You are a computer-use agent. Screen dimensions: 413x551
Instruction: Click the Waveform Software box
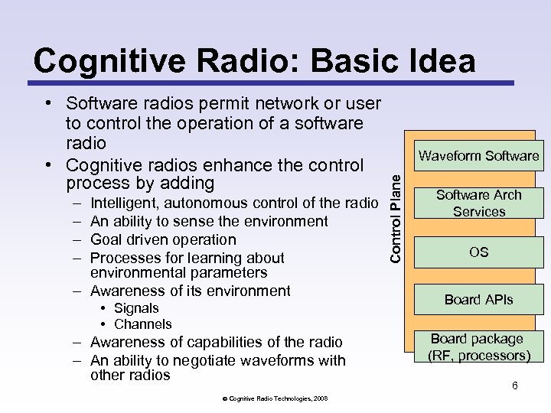(x=479, y=156)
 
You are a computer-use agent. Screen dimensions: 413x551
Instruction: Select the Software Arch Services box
(x=479, y=203)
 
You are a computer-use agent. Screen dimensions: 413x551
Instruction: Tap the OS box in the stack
(x=479, y=252)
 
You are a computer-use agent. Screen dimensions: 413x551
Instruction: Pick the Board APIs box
(x=479, y=300)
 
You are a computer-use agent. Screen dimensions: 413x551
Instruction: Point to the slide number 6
(x=515, y=385)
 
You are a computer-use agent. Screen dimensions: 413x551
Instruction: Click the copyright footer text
(x=276, y=398)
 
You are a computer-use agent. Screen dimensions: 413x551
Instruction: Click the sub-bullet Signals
(x=136, y=308)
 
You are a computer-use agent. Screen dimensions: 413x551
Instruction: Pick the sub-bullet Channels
(x=142, y=324)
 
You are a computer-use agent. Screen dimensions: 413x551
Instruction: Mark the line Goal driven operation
(x=163, y=239)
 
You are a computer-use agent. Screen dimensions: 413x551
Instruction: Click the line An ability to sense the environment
(x=209, y=221)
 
